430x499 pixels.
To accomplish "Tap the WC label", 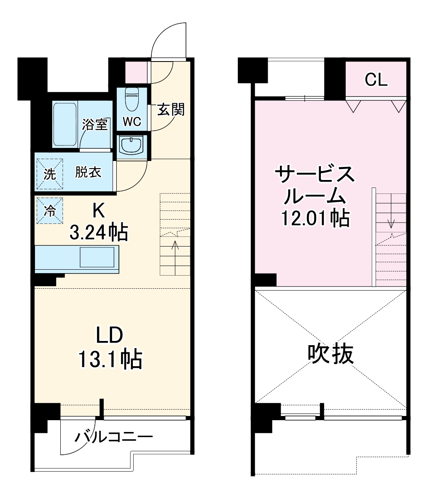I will tap(132, 122).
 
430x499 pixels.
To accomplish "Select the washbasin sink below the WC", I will tap(132, 146).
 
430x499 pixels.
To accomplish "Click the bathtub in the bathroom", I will tap(65, 124).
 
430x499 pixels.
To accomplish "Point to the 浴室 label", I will tap(95, 124).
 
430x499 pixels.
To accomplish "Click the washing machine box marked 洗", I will tap(49, 174).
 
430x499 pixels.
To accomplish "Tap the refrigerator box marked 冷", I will tap(49, 210).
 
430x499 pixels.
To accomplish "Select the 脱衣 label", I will tap(89, 172).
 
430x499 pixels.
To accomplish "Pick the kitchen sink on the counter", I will tap(97, 257).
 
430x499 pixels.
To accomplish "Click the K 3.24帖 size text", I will tap(99, 223).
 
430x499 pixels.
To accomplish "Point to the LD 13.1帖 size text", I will tap(109, 348).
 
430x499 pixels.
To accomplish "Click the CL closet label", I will tap(376, 80).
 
